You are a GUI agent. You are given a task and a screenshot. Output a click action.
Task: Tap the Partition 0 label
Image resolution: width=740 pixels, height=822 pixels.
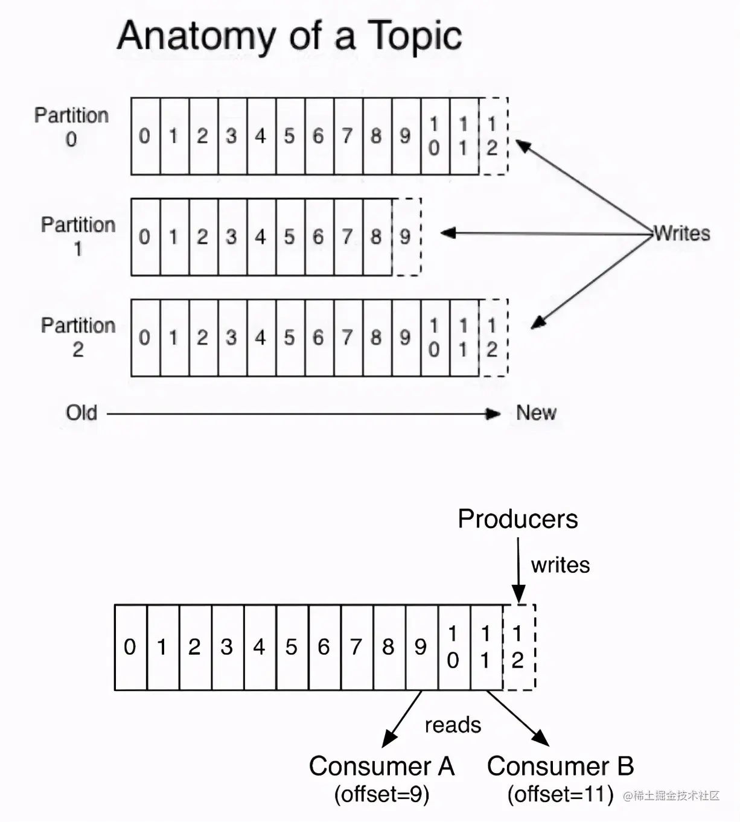pos(71,127)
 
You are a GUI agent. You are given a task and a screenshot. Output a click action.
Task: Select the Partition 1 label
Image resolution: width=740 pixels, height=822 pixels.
pos(78,236)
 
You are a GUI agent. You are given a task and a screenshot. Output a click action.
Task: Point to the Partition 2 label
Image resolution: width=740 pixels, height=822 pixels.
pos(78,337)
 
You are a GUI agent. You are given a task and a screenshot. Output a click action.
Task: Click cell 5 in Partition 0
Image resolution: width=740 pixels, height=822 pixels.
pos(290,136)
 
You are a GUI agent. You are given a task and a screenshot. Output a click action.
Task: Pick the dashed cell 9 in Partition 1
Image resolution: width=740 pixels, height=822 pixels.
pos(406,237)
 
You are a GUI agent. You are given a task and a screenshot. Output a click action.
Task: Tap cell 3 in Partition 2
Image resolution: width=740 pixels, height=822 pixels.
pos(231,337)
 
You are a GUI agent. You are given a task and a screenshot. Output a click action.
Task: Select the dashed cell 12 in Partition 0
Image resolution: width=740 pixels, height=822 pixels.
pos(493,136)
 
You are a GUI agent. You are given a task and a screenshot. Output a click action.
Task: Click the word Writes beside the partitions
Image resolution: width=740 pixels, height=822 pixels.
pos(682,234)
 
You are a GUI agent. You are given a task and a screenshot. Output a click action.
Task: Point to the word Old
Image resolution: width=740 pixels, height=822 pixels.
pos(81,413)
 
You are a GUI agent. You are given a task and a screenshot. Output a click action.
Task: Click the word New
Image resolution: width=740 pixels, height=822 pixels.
pos(536,413)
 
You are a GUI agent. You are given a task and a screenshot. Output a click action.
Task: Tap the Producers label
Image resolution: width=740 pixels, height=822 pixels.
pos(518,519)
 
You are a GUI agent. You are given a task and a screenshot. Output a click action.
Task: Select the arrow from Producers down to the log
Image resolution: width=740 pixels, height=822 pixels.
pos(518,570)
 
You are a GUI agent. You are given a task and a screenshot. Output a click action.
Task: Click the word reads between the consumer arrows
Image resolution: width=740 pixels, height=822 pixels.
pos(453,725)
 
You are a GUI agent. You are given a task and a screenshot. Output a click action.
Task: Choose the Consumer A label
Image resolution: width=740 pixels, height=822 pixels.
pos(381,766)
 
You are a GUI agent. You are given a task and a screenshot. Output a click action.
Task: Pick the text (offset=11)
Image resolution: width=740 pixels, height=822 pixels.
pos(560,794)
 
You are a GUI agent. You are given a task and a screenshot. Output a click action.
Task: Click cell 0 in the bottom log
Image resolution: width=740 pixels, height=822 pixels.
pos(130,647)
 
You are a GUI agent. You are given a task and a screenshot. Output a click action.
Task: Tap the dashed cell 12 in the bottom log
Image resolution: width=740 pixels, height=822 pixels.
pos(518,647)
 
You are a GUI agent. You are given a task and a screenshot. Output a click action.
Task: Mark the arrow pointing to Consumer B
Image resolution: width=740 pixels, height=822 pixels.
pos(518,718)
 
